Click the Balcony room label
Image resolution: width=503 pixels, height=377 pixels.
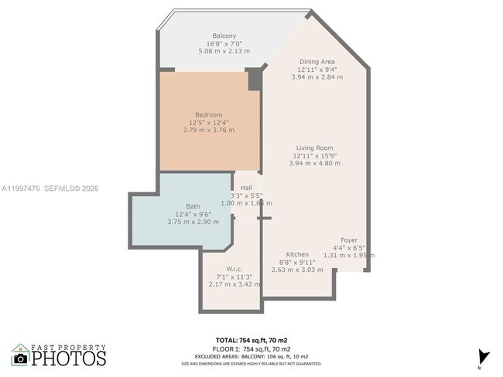pos(224,36)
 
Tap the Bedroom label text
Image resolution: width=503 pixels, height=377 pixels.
pos(208,114)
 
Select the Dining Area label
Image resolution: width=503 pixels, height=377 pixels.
pos(318,61)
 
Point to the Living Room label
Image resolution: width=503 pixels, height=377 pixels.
pos(314,148)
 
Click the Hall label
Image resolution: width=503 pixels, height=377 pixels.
pos(246,188)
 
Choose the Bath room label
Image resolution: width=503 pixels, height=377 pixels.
pos(193,206)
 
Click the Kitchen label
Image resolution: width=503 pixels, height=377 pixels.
pos(297,254)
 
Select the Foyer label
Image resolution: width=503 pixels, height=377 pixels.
pos(349,240)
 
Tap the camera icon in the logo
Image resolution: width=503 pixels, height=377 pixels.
pos(21,358)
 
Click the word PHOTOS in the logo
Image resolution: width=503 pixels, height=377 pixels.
pos(69,359)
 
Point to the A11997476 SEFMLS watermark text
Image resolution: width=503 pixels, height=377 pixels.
pos(50,188)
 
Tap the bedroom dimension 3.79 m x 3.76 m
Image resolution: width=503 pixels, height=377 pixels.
pos(208,130)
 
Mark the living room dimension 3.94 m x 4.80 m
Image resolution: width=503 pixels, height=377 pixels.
pos(314,163)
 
